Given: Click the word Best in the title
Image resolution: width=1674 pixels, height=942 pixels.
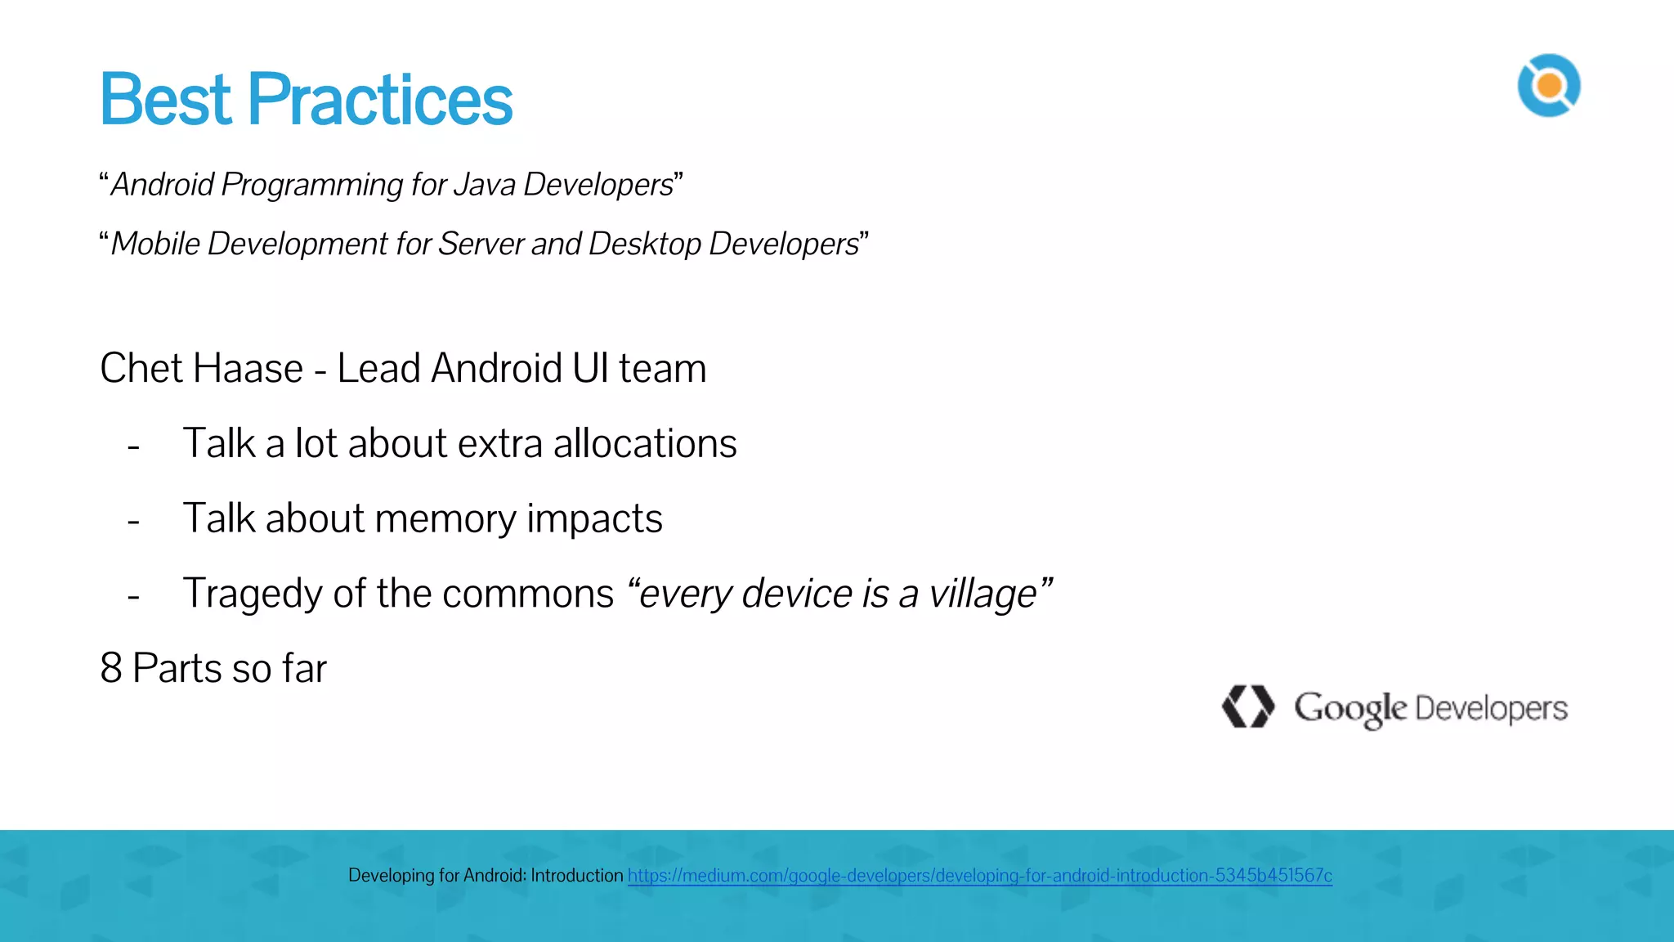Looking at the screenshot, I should coord(166,100).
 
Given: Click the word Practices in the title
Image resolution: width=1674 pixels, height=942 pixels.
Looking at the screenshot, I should coord(380,100).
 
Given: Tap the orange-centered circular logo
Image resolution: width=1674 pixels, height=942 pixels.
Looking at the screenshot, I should coord(1549,86).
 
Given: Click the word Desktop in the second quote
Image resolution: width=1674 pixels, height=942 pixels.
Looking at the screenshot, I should coord(645,244).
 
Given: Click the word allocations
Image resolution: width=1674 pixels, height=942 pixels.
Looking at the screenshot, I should coord(645,443).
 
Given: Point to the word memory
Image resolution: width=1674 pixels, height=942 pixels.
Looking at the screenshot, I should coord(445,519).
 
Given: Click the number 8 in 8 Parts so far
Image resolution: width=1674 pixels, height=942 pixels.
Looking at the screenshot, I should coord(111,668).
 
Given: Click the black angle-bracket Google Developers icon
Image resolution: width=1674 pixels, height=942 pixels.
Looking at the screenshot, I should coord(1247,706).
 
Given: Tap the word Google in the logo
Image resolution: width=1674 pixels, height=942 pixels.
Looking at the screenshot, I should coord(1349,708).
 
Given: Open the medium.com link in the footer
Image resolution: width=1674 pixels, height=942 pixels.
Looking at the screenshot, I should coord(979,876).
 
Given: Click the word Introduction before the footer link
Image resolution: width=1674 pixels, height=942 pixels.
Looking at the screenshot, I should coord(576,876).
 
